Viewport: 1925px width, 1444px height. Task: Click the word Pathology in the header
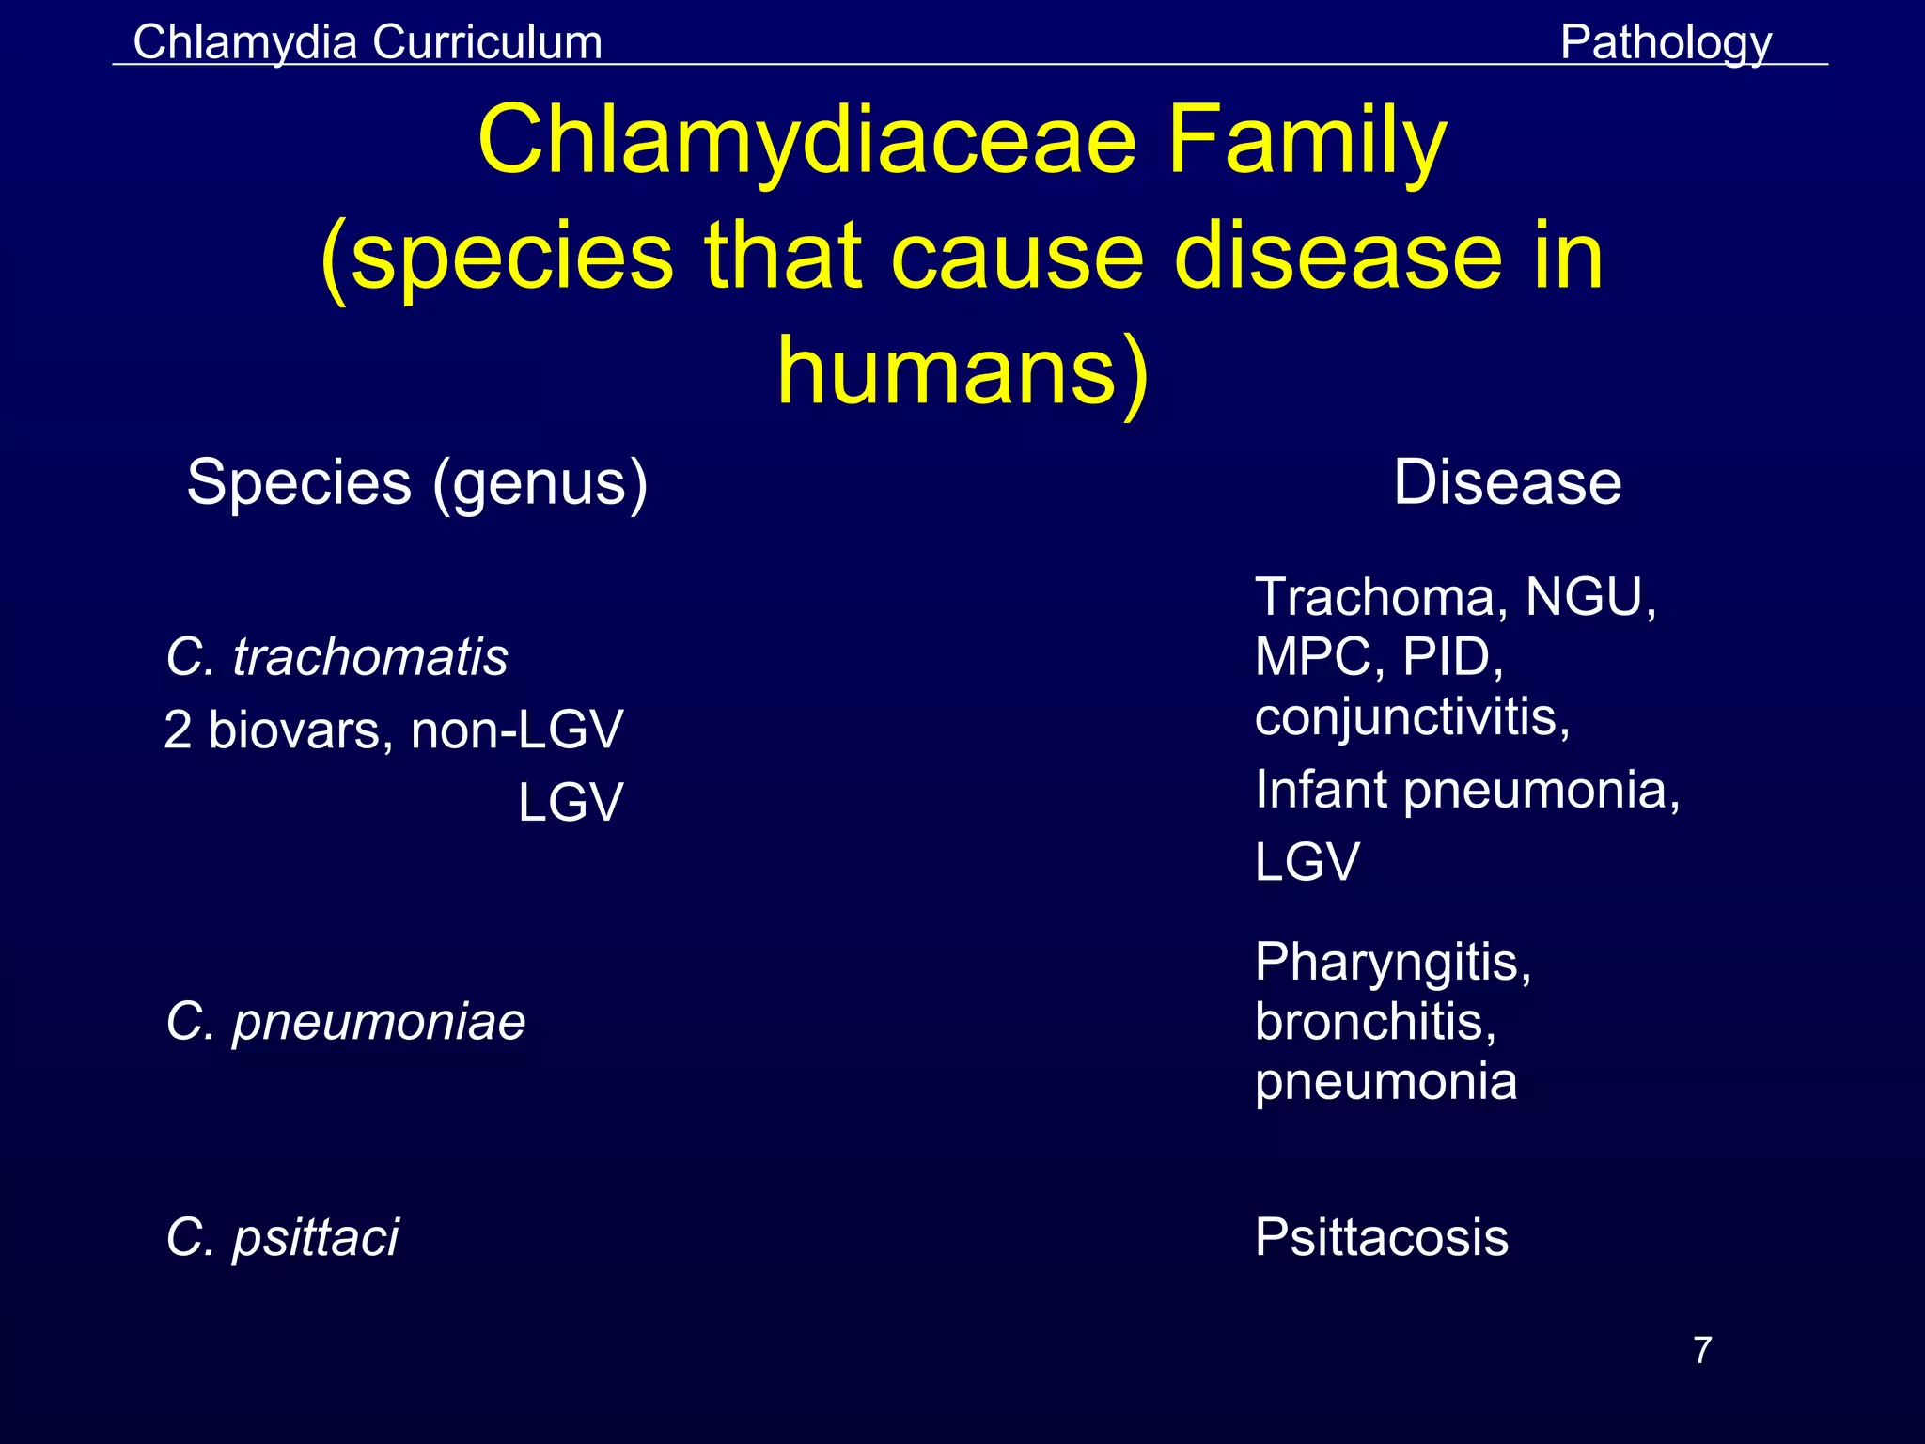1666,43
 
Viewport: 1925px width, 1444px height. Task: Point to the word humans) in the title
962,370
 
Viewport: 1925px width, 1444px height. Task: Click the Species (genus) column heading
417,482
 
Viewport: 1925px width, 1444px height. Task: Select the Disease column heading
1507,482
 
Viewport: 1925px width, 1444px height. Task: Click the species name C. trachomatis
336,656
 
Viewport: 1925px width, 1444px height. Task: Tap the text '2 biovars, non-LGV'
393,730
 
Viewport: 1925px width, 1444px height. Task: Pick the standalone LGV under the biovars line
570,804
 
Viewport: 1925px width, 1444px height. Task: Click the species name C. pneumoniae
345,1022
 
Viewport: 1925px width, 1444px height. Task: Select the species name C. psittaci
282,1237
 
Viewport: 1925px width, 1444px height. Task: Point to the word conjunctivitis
1412,717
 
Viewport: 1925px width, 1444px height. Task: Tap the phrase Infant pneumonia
1466,790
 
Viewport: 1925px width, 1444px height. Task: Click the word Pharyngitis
1393,963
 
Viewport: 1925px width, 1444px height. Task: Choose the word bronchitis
1375,1022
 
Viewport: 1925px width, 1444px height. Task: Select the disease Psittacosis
1382,1237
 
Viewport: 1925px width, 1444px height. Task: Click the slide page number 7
1702,1351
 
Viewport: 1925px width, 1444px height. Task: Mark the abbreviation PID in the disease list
1451,657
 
